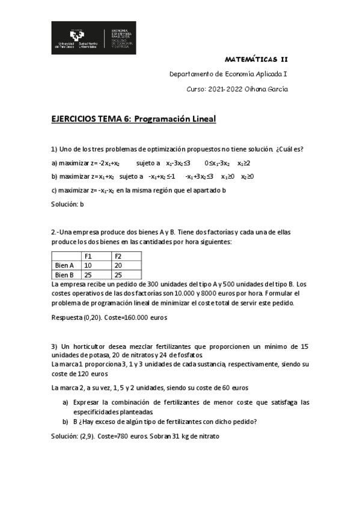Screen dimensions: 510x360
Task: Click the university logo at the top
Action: tap(93, 37)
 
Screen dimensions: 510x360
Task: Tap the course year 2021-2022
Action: tap(222, 89)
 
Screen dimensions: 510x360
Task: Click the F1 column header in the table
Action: tap(88, 256)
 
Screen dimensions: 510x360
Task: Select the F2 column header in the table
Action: tap(118, 256)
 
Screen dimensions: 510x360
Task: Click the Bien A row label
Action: tap(64, 265)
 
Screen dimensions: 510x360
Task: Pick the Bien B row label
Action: tap(64, 275)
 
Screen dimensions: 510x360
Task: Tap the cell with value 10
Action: tap(88, 265)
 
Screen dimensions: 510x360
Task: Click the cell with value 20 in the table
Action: tap(118, 265)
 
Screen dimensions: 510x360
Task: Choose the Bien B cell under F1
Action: tap(88, 275)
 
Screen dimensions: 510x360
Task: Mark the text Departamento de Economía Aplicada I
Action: tap(228, 75)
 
